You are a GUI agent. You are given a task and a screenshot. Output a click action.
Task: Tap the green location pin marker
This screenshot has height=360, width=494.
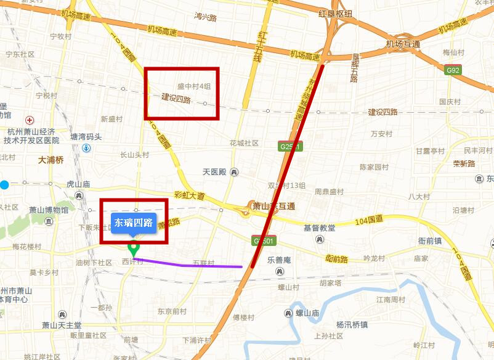133,249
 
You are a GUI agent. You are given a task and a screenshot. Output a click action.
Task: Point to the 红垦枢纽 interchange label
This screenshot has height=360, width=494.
336,14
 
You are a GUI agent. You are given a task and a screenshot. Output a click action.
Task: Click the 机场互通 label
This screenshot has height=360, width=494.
403,44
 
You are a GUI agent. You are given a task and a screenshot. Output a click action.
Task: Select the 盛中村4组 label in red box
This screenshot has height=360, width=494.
194,86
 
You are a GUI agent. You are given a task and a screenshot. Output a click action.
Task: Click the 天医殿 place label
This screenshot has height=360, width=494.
214,172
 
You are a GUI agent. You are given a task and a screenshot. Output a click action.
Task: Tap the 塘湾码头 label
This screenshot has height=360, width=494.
86,137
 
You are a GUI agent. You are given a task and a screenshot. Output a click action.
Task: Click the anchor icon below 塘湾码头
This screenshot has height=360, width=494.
86,149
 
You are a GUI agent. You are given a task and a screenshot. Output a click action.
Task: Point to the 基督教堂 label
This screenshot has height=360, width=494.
319,228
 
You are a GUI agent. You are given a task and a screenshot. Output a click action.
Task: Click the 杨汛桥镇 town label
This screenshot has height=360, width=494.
352,325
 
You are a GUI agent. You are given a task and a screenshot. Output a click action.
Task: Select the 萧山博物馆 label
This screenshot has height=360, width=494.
49,210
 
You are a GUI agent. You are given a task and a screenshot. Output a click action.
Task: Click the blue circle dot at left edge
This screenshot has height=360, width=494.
5,184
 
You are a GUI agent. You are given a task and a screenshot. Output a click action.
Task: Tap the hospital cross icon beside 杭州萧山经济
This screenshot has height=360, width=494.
28,120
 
